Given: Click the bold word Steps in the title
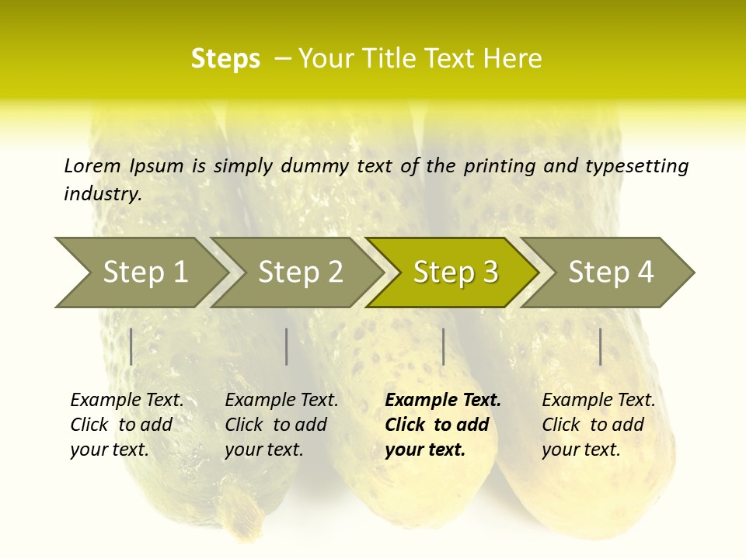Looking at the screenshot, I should click(x=225, y=59).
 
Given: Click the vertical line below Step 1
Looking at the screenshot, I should click(x=131, y=346).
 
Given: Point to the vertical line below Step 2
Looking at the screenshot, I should click(x=287, y=346).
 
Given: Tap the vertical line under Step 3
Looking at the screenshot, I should click(x=443, y=346).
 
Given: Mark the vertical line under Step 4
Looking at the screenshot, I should click(x=601, y=346).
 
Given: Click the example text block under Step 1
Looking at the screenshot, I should click(x=127, y=425).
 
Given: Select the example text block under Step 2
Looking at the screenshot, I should click(x=281, y=425).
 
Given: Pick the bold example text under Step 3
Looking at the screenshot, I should click(x=443, y=425).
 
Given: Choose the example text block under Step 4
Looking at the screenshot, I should click(x=598, y=425).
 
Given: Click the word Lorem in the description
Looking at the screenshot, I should click(x=92, y=165).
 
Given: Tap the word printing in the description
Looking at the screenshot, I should click(x=493, y=166).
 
